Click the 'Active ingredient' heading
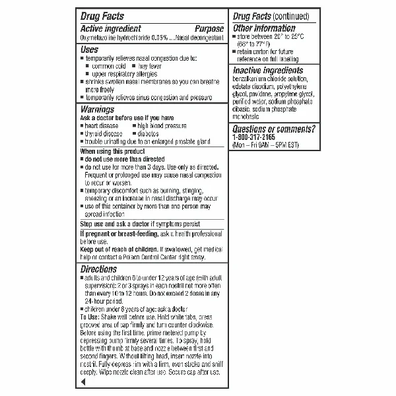click(110, 29)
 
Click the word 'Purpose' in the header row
click(209, 29)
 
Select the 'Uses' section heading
click(90, 49)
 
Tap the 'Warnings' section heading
click(98, 109)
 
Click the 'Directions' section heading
click(98, 269)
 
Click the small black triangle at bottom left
click(82, 382)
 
